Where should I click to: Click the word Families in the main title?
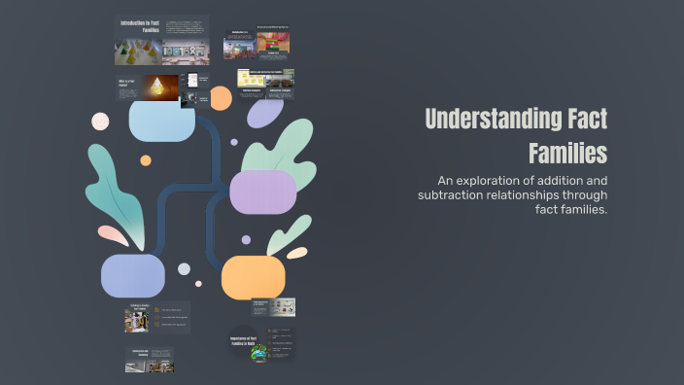(x=567, y=153)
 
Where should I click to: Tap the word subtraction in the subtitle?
(x=456, y=195)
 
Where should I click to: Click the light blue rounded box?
(x=162, y=120)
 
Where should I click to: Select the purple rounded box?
(x=262, y=192)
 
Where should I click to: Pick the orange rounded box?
(x=253, y=277)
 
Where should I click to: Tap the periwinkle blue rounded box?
(x=132, y=275)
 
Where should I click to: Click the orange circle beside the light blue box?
(x=221, y=97)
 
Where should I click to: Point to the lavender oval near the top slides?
(x=264, y=112)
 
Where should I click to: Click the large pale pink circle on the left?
(x=100, y=121)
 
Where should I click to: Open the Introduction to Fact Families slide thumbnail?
(x=161, y=40)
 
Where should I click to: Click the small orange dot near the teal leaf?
(x=146, y=160)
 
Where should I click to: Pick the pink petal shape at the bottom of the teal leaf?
(x=113, y=234)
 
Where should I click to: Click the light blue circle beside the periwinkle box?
(x=184, y=268)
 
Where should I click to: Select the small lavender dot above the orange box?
(x=246, y=239)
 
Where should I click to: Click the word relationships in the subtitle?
(x=558, y=195)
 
